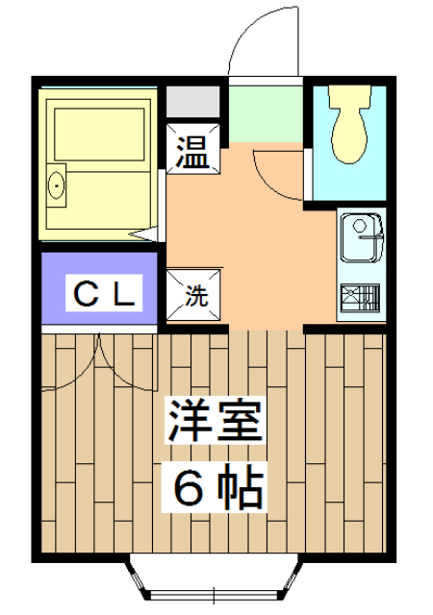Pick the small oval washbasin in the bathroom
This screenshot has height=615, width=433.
(57, 184)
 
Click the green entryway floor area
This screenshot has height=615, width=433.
(265, 113)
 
